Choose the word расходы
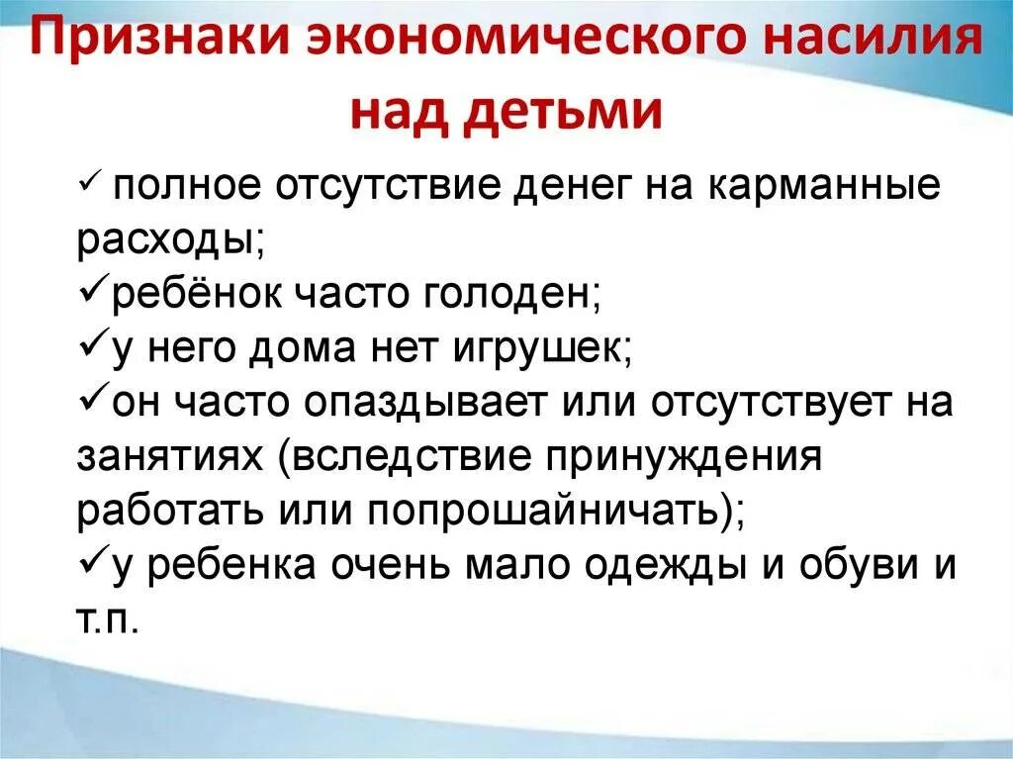(x=165, y=240)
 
